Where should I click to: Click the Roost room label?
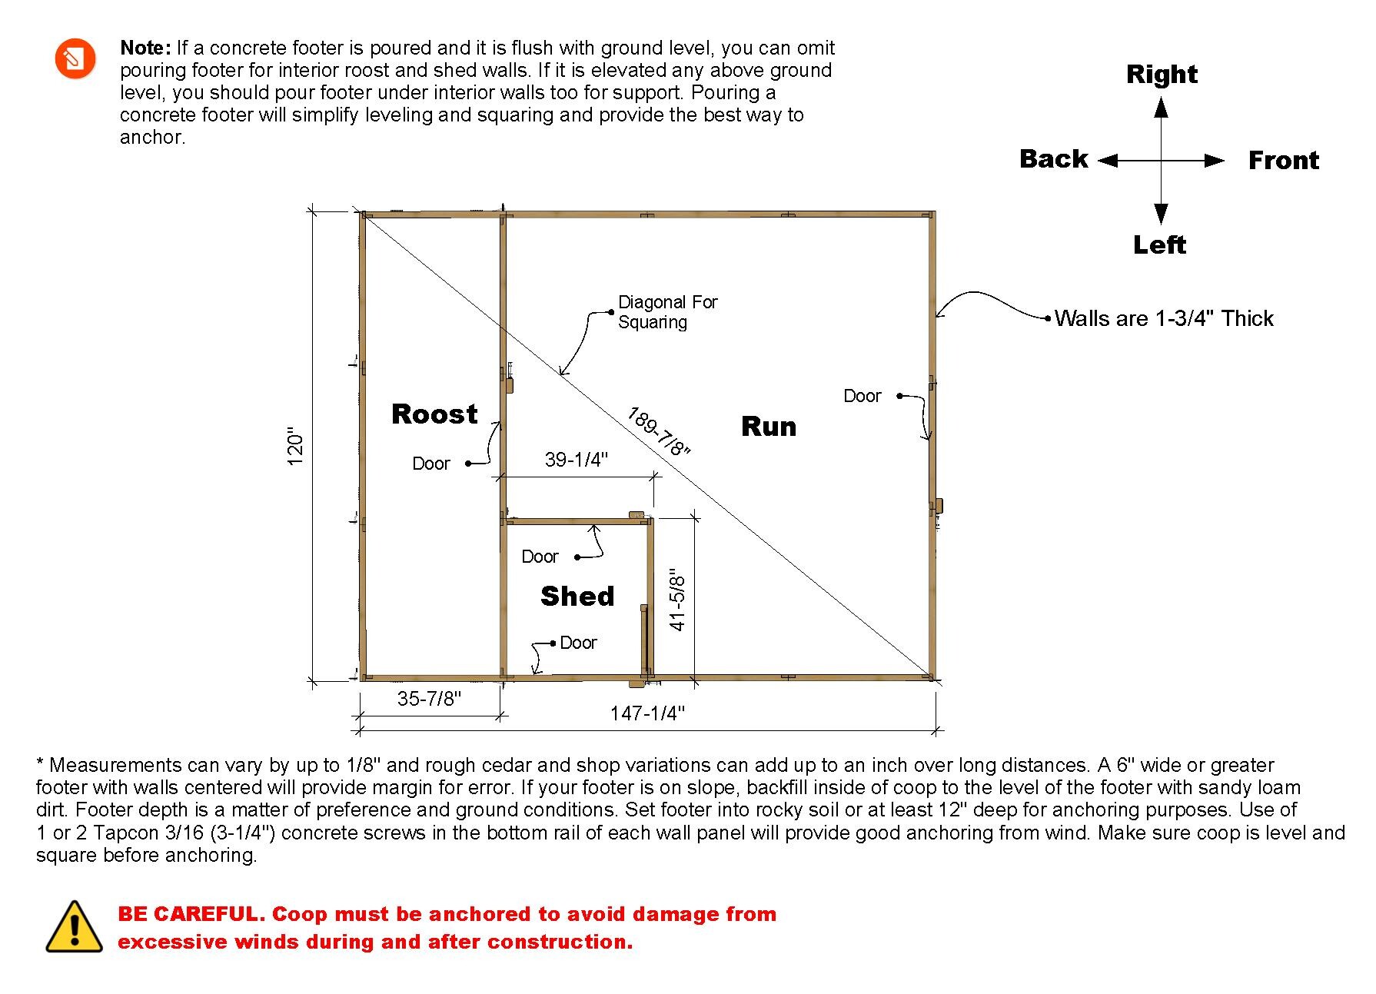tap(434, 414)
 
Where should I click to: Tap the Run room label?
tap(769, 427)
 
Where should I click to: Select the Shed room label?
tap(577, 597)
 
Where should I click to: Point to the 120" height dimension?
tap(296, 447)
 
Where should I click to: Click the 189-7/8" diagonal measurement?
tap(659, 431)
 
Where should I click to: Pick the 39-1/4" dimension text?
tap(577, 460)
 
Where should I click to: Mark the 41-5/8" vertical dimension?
tap(677, 600)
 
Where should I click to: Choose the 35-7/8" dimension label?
tap(429, 699)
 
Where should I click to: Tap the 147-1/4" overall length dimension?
tap(647, 713)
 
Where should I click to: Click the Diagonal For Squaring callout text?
tap(667, 312)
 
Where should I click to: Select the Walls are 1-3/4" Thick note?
tap(1164, 318)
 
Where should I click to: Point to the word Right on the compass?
tap(1162, 75)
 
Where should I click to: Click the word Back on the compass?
tap(1053, 159)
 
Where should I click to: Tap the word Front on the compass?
tap(1283, 161)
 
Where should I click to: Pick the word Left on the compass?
tap(1159, 245)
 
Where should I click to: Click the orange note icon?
tap(75, 58)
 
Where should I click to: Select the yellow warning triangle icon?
tap(74, 927)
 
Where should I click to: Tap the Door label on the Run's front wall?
tap(862, 396)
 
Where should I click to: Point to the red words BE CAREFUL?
tap(191, 914)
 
